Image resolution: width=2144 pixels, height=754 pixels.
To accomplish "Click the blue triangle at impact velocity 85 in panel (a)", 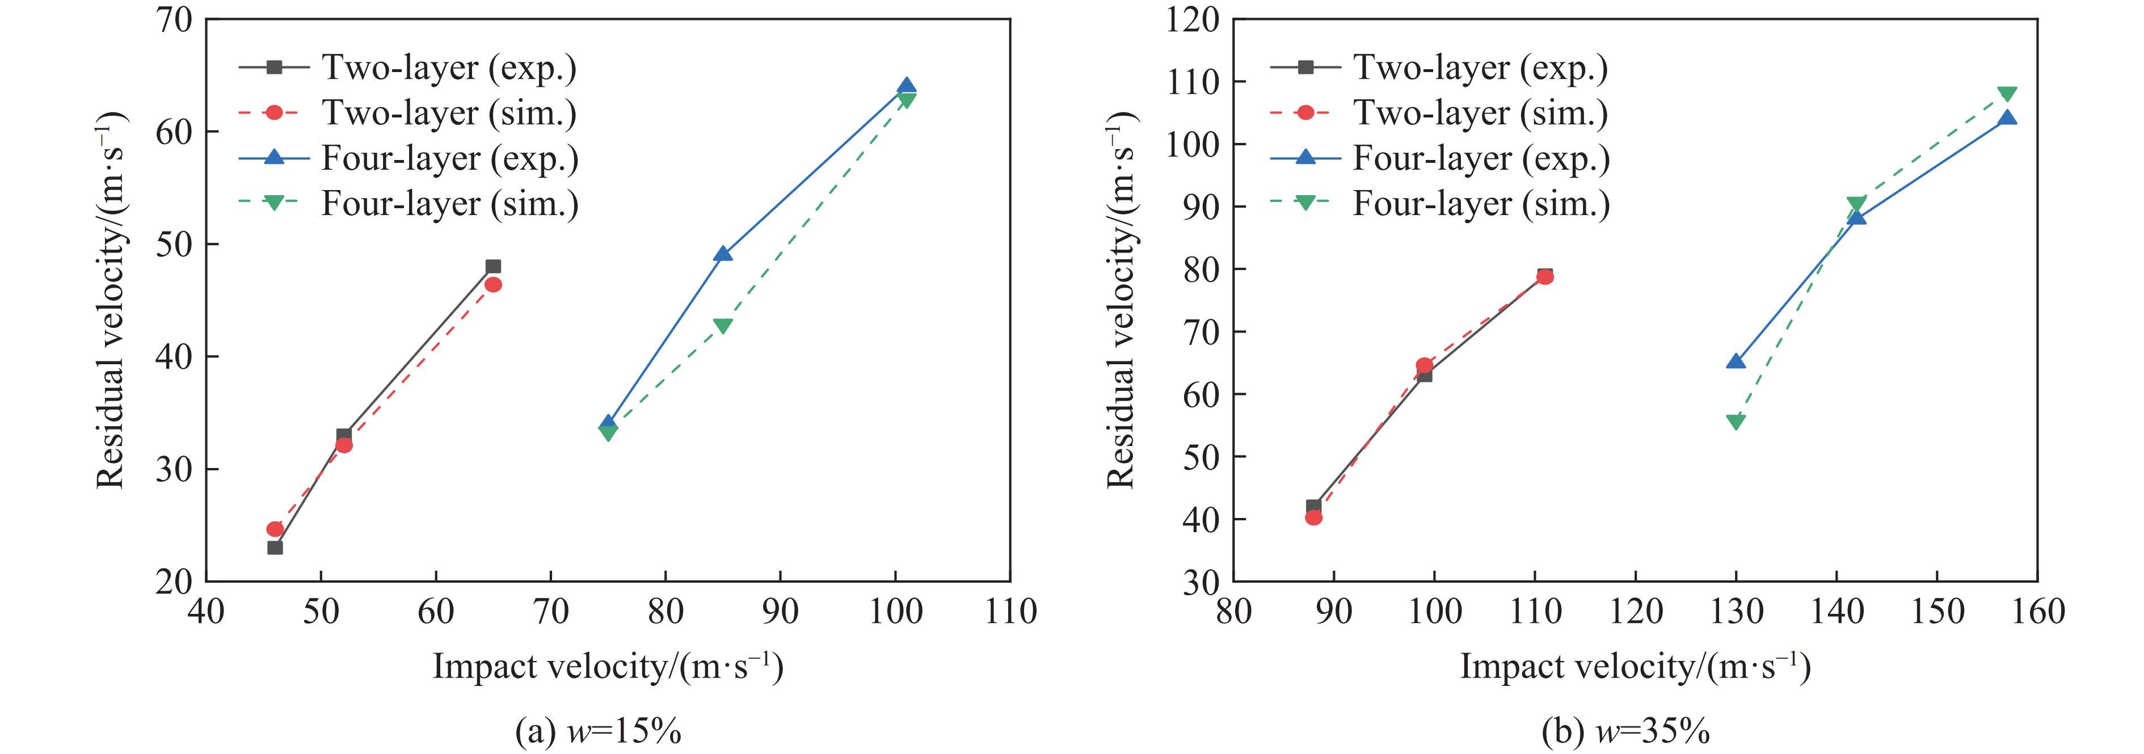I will (722, 254).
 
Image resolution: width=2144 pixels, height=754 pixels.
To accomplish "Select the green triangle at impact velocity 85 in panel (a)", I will (722, 326).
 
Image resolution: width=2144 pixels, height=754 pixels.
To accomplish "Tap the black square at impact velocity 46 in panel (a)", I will (275, 547).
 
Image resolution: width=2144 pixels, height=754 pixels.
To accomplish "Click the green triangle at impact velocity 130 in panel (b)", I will (1736, 422).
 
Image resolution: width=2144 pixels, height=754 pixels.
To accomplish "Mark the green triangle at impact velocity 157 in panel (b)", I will (2007, 94).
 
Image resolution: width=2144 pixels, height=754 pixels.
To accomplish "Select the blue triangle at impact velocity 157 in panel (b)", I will (2007, 118).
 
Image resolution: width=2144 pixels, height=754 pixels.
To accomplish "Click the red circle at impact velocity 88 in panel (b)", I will (1313, 517).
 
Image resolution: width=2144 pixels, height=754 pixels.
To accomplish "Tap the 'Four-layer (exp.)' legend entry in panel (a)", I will (449, 158).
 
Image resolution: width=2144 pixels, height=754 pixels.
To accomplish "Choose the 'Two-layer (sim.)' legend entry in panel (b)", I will (1480, 112).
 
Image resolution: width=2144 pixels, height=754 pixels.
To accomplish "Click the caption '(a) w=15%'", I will (599, 731).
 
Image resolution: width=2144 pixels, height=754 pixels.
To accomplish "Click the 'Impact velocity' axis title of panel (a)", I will (608, 667).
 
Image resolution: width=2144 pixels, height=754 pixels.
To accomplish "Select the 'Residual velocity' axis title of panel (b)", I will (1121, 300).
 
